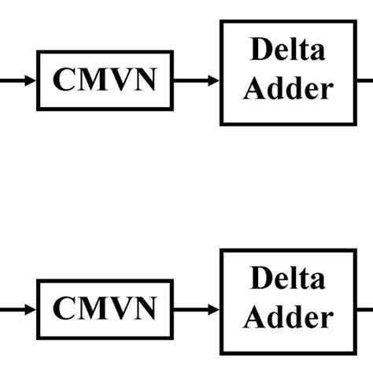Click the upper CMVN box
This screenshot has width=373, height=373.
105,80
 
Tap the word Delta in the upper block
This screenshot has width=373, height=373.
287,50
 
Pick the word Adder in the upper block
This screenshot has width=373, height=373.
287,88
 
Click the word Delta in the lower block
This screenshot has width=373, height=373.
287,279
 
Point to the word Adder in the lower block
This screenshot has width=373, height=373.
287,317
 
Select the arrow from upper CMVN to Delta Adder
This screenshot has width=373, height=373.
195,80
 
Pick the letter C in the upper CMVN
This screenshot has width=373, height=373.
64,80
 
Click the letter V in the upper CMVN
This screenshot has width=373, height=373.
119,80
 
